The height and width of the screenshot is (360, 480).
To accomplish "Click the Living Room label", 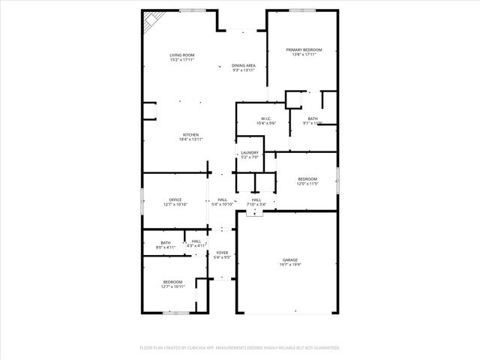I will (181, 55).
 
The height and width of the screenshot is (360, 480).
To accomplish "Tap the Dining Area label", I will (244, 66).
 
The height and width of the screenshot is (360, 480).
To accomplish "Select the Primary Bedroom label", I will (302, 49).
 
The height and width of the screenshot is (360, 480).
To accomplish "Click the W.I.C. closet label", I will (266, 118).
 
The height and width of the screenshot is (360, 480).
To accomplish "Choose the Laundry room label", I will (250, 152).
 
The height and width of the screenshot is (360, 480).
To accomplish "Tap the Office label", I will (175, 199).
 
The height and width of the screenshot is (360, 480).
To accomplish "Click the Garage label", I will (289, 259).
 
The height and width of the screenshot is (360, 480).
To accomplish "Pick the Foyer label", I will (222, 253).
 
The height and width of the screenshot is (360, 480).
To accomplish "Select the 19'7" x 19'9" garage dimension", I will (289, 265).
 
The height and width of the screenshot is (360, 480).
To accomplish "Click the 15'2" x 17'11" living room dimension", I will (181, 61).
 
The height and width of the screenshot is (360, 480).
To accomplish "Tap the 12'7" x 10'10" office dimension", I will (175, 205).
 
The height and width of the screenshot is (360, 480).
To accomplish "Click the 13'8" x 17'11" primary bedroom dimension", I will (302, 55).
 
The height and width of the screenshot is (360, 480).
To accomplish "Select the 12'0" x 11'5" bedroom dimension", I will (308, 184).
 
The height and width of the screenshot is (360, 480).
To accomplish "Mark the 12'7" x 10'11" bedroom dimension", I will (172, 287).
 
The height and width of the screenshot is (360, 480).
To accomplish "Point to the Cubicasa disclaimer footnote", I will (240, 348).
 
